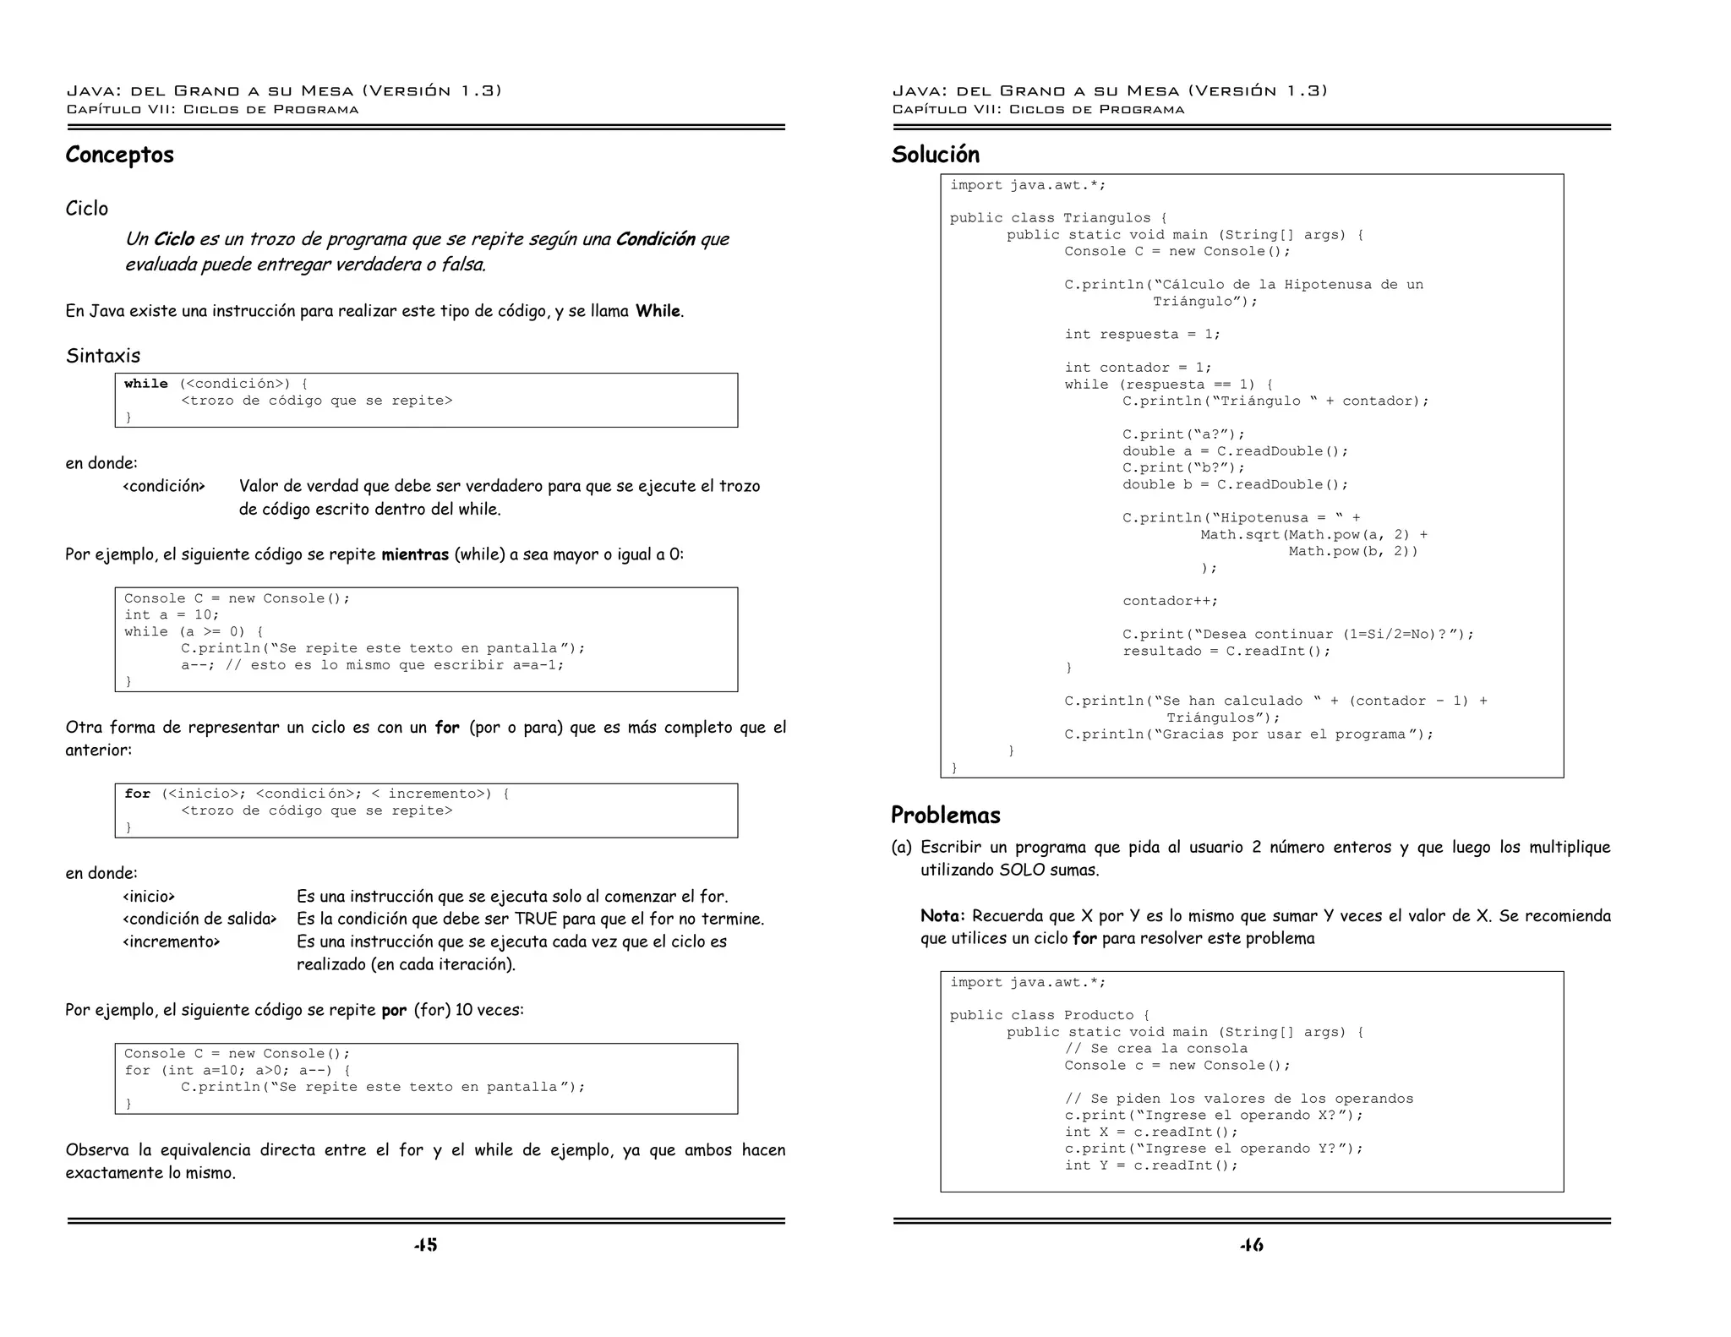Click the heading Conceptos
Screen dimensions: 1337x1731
click(x=119, y=155)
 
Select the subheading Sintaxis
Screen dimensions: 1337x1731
click(x=103, y=356)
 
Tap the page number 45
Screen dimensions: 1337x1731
click(x=425, y=1245)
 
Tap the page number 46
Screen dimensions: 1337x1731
click(x=1251, y=1245)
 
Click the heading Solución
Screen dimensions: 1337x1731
click(x=935, y=155)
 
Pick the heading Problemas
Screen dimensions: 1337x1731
click(x=945, y=815)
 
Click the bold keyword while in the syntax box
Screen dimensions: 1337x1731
click(x=145, y=384)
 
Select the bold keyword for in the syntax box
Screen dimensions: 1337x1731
click(x=137, y=794)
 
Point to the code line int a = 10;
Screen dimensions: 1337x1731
click(x=172, y=615)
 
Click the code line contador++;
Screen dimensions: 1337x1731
click(x=1170, y=601)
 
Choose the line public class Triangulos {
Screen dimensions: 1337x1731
click(x=1057, y=218)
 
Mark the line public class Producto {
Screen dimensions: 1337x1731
click(x=1049, y=1015)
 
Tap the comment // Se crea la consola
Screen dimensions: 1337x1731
click(x=1155, y=1049)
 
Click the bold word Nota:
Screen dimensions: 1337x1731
click(x=942, y=916)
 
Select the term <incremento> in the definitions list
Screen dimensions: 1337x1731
click(x=171, y=941)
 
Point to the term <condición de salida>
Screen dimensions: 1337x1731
click(x=199, y=919)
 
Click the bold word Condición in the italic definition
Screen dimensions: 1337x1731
click(x=655, y=239)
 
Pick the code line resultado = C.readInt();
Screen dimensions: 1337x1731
click(x=1226, y=651)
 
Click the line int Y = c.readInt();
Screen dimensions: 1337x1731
click(x=1150, y=1165)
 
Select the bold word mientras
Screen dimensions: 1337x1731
click(x=414, y=555)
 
